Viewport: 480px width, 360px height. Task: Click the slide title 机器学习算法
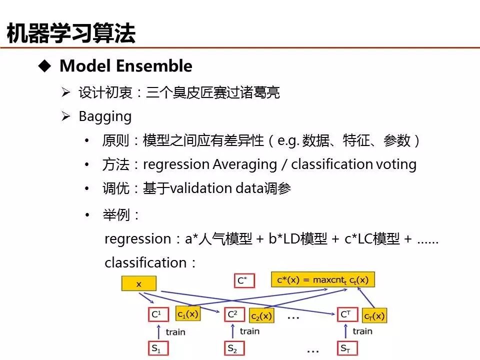point(71,33)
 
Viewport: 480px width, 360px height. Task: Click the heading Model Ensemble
point(125,66)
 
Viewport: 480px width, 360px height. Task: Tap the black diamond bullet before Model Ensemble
point(45,66)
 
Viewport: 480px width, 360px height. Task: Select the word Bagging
point(105,116)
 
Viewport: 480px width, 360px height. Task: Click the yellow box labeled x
point(138,284)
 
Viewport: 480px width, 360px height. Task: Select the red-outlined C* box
point(243,280)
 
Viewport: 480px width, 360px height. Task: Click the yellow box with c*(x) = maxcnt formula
point(322,279)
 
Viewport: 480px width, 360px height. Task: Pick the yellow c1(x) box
point(187,314)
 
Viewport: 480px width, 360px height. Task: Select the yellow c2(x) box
point(261,315)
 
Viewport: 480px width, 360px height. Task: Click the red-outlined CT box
point(345,314)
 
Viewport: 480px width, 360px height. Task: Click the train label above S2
point(249,331)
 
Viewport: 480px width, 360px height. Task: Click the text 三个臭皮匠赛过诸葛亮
point(212,92)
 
